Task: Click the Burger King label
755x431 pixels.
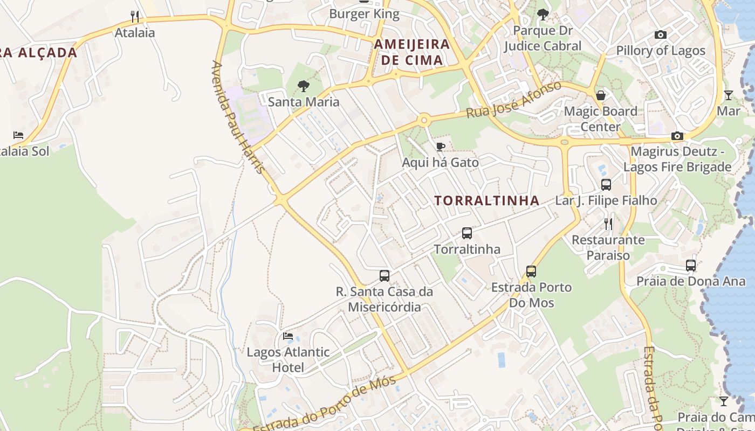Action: [x=364, y=14]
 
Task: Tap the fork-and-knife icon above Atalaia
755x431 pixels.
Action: [x=135, y=17]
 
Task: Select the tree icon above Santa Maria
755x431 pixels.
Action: [x=304, y=86]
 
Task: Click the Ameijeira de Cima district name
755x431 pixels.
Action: [x=412, y=52]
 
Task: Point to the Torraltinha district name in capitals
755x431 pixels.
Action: [x=486, y=201]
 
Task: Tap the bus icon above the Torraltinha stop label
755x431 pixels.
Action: [x=467, y=233]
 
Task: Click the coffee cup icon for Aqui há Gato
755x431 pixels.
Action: [x=441, y=147]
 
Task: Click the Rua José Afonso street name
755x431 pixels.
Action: [x=514, y=101]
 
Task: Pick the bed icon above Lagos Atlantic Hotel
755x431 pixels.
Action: [x=288, y=336]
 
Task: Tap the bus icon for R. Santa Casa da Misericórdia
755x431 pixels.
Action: [x=385, y=276]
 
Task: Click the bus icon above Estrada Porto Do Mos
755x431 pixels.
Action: [x=531, y=271]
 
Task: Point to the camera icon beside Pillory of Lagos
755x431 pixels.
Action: [x=660, y=35]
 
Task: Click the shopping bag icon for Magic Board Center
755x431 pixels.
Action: [x=600, y=95]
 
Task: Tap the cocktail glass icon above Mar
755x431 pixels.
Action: [x=729, y=95]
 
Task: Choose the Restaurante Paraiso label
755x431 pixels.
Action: [x=608, y=247]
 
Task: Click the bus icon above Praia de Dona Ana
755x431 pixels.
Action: [x=691, y=265]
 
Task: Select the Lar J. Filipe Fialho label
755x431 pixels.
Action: [x=606, y=200]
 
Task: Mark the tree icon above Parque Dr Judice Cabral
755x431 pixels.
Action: [x=543, y=15]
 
